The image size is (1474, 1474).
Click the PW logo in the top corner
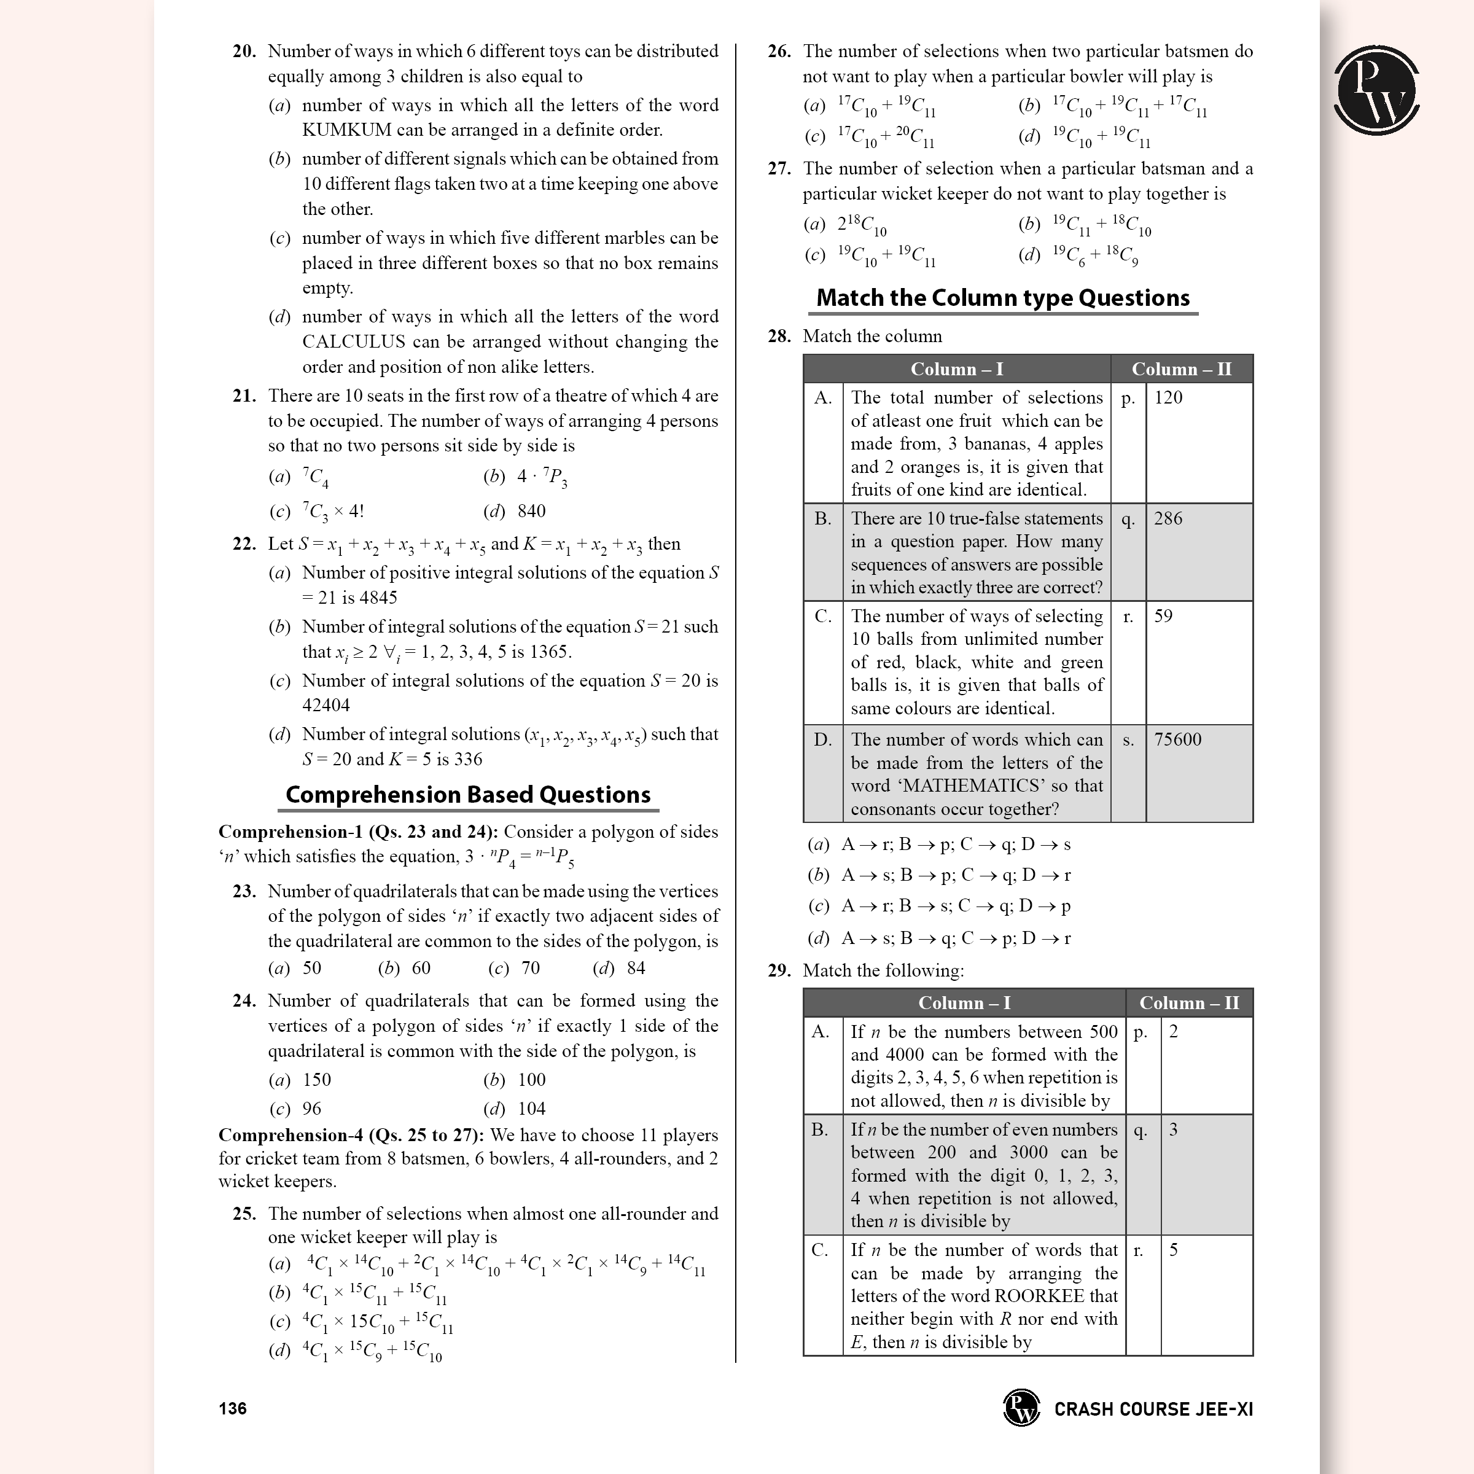[1376, 90]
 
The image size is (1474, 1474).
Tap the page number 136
[233, 1408]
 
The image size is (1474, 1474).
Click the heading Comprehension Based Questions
[467, 795]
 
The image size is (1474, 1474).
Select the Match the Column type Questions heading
[1002, 297]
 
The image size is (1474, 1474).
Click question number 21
[244, 396]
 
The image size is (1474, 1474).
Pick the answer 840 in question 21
[531, 511]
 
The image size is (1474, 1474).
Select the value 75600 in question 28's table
[1177, 739]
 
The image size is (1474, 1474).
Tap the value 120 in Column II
[1168, 397]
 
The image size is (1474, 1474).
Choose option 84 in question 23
[636, 968]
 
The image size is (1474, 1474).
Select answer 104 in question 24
[531, 1109]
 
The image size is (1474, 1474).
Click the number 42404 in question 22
[326, 705]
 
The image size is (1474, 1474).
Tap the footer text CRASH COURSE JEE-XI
[1153, 1409]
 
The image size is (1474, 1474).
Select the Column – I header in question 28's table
[956, 369]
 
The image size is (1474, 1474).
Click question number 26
[778, 52]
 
